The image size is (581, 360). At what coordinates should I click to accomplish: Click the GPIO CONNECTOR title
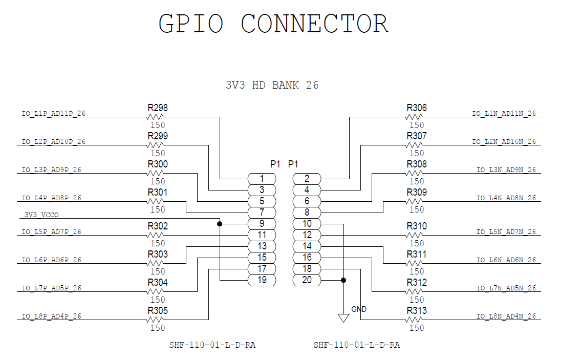(273, 24)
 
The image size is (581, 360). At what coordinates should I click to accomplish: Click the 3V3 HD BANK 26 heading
(272, 86)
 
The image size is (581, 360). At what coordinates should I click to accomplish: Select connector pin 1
(262, 179)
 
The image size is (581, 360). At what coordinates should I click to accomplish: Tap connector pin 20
(307, 280)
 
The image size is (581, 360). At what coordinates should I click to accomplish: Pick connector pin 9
(262, 224)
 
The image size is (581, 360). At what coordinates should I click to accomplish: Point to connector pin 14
(307, 246)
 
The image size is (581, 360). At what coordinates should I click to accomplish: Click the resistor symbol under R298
(155, 117)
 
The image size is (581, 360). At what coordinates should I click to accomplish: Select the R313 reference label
(417, 310)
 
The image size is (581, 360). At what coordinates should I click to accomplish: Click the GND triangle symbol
(343, 317)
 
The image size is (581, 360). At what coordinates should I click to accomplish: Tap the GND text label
(359, 309)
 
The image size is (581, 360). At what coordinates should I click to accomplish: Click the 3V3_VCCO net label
(41, 215)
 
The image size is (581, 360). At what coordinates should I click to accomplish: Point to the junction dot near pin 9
(220, 224)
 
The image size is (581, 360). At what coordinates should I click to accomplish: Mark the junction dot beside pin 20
(343, 280)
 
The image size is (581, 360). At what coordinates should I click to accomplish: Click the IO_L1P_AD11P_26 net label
(54, 114)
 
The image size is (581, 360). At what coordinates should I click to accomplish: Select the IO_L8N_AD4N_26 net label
(506, 316)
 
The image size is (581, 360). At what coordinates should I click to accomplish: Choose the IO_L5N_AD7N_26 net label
(506, 231)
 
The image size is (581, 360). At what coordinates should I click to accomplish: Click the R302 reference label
(158, 226)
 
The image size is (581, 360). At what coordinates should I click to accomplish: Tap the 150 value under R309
(417, 209)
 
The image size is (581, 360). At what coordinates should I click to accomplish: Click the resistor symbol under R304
(155, 291)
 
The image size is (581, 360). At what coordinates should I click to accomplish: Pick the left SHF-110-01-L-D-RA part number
(212, 345)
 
